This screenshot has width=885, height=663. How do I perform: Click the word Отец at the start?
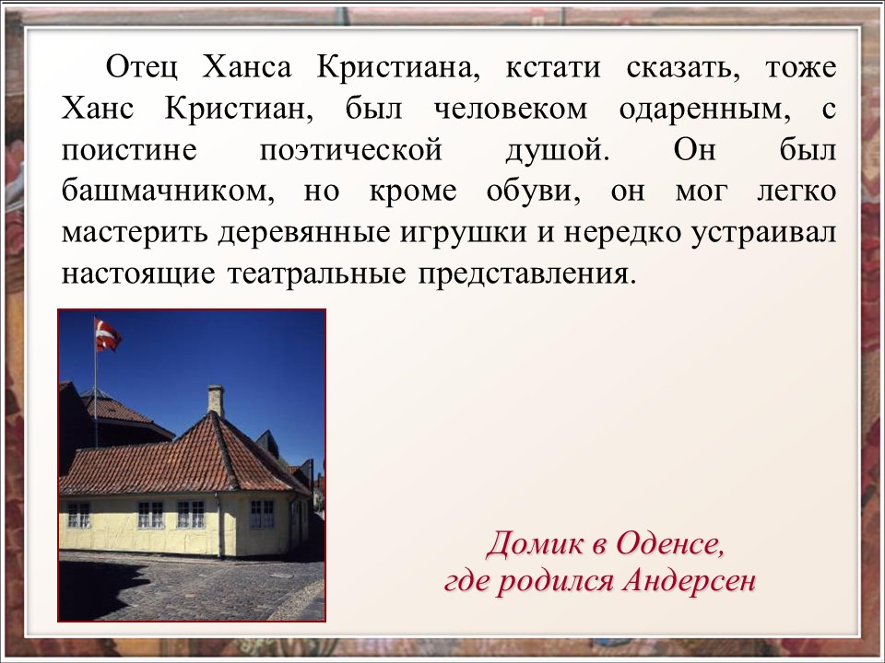(142, 67)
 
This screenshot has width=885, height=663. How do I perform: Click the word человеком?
(511, 110)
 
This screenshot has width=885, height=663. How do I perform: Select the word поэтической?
(350, 151)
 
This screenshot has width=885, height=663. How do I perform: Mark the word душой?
(558, 151)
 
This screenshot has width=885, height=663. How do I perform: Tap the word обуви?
(534, 192)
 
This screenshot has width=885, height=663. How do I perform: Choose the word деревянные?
(304, 233)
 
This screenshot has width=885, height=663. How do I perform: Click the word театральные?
(316, 274)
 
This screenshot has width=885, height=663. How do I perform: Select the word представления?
(527, 275)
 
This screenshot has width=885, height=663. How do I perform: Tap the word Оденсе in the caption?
(669, 544)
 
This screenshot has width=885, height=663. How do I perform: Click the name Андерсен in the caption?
(689, 582)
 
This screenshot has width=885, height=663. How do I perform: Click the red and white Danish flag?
(107, 335)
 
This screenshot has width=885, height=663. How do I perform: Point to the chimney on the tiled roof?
(216, 401)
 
